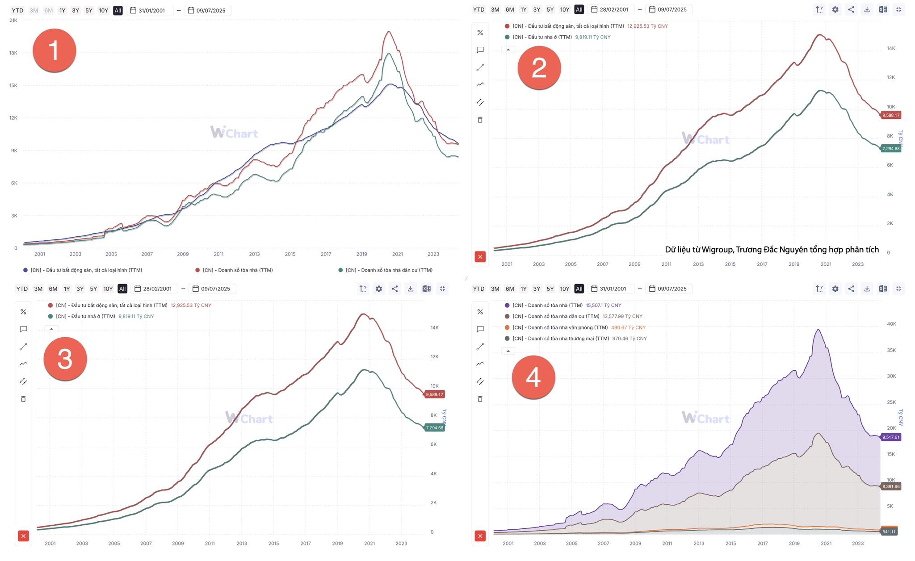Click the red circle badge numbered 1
pos(54,50)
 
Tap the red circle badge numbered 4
pos(533,377)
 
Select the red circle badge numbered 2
pos(539,67)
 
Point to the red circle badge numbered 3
pos(65,359)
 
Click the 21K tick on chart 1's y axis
pos(13,21)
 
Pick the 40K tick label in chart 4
pos(891,324)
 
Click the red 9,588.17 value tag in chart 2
pos(891,115)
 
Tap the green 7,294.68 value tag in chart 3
pos(434,428)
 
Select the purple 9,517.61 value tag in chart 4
pos(891,437)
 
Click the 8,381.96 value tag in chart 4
pos(891,486)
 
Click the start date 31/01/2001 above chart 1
pos(151,10)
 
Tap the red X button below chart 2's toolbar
pos(480,257)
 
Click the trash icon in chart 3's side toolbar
pos(23,399)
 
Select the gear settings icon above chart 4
pos(835,289)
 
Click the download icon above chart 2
pos(867,9)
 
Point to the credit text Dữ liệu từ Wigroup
pos(772,250)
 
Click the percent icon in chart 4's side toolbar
pos(480,312)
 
